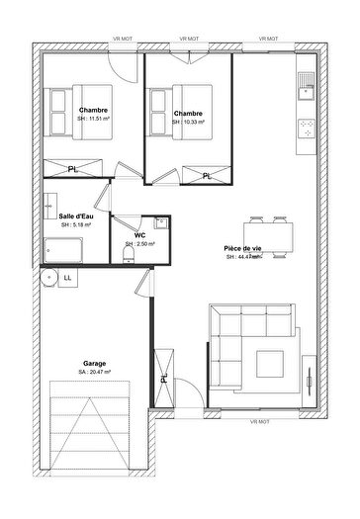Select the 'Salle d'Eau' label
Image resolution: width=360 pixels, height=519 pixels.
click(75, 216)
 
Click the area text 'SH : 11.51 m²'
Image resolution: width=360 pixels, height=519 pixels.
click(93, 119)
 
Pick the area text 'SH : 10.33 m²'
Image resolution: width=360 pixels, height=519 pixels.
click(188, 123)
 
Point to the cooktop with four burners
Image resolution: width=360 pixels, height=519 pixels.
click(306, 129)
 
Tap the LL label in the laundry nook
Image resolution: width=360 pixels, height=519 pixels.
click(67, 279)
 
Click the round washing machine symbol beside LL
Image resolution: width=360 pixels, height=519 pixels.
click(49, 279)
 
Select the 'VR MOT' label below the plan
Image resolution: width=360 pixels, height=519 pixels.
click(259, 422)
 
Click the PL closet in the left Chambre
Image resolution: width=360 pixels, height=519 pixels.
click(74, 169)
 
